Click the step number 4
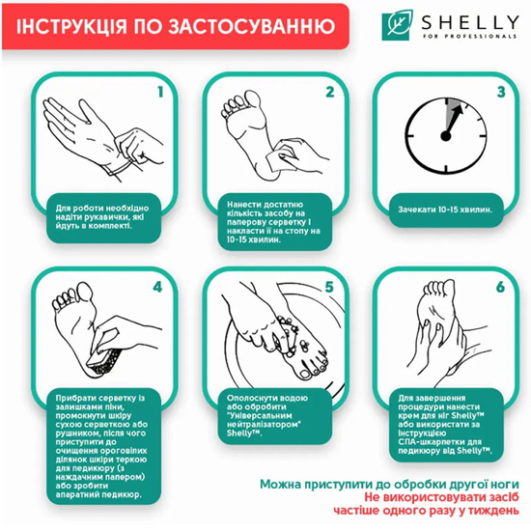160,287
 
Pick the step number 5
329,287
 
